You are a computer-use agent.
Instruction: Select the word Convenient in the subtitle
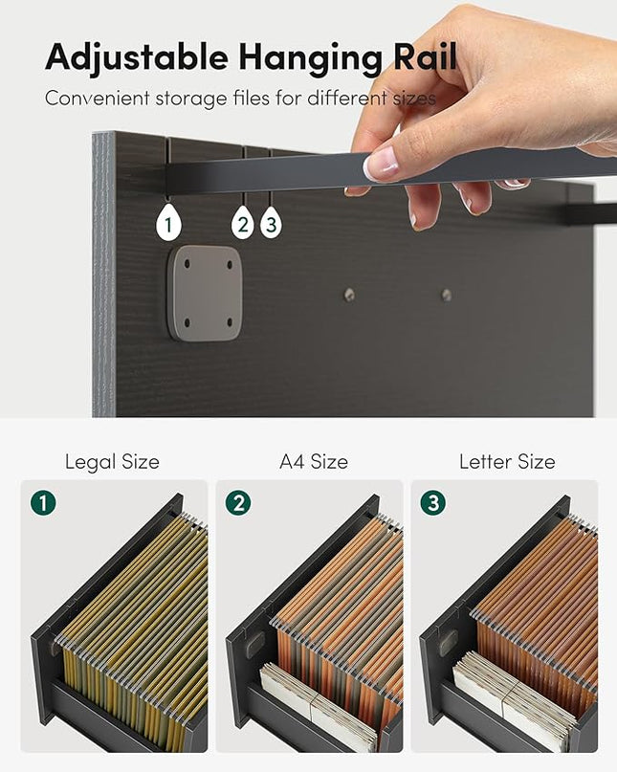pyautogui.click(x=97, y=98)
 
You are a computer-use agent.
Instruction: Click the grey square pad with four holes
pyautogui.click(x=205, y=294)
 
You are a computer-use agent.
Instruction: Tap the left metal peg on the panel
pyautogui.click(x=349, y=295)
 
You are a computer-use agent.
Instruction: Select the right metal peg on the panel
pyautogui.click(x=447, y=295)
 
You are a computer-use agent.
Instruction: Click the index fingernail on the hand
pyautogui.click(x=380, y=165)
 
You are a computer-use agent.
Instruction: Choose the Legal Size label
pyautogui.click(x=112, y=462)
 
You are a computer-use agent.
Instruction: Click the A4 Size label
pyautogui.click(x=314, y=462)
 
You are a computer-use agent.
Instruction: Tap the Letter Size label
pyautogui.click(x=507, y=462)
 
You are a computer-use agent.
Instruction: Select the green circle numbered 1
pyautogui.click(x=43, y=502)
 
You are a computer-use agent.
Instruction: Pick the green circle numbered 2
pyautogui.click(x=238, y=502)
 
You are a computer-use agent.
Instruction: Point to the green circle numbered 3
pyautogui.click(x=433, y=502)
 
